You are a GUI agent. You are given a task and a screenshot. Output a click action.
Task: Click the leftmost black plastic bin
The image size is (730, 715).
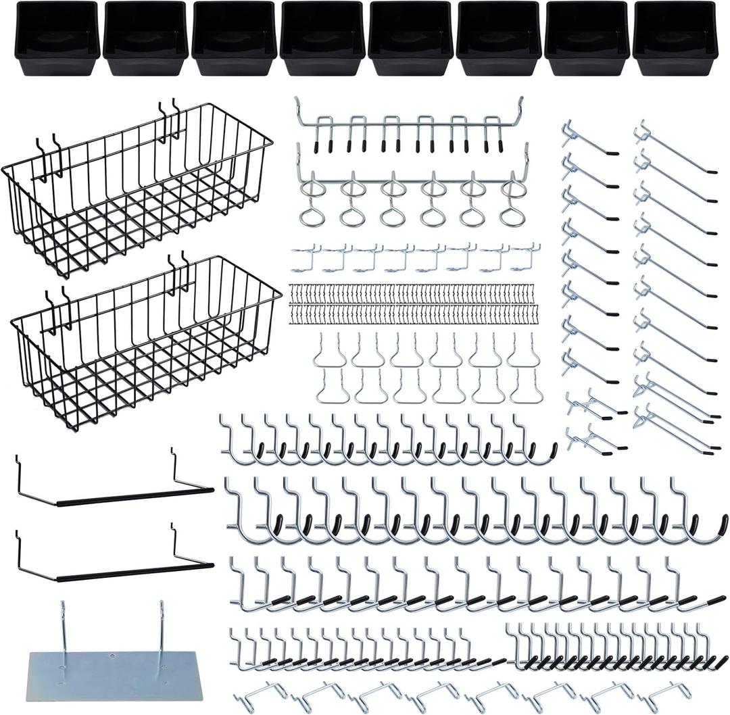(x=57, y=38)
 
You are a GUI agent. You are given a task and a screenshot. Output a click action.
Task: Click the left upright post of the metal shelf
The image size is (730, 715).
(x=63, y=628)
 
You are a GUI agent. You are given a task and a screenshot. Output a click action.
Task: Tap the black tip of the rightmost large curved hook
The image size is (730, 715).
(x=722, y=524)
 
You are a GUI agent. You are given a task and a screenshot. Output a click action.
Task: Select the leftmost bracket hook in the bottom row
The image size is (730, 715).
(x=260, y=696)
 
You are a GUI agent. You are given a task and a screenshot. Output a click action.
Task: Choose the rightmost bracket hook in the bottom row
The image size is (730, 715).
(x=666, y=696)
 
